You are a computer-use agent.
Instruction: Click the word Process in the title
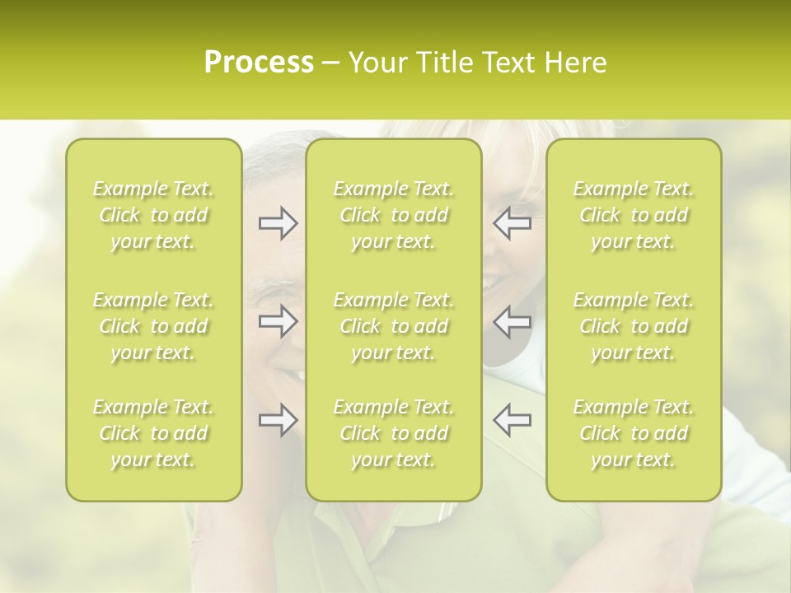pyautogui.click(x=259, y=63)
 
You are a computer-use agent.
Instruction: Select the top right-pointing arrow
pyautogui.click(x=278, y=223)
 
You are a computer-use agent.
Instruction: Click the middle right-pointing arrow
pyautogui.click(x=278, y=321)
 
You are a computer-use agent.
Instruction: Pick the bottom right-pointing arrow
pyautogui.click(x=278, y=420)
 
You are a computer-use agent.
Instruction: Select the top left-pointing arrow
pyautogui.click(x=512, y=223)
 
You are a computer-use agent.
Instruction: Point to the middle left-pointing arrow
pyautogui.click(x=512, y=321)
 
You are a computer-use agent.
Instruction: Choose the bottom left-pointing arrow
pyautogui.click(x=512, y=420)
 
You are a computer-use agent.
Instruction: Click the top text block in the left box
pyautogui.click(x=153, y=215)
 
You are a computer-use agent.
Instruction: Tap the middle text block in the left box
pyautogui.click(x=153, y=326)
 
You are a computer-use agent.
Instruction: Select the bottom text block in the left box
pyautogui.click(x=153, y=433)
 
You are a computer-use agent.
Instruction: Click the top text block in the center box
pyautogui.click(x=394, y=215)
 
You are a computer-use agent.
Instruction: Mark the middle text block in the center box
pyautogui.click(x=394, y=326)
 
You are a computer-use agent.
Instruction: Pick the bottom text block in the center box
pyautogui.click(x=394, y=433)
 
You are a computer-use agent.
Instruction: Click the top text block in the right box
pyautogui.click(x=634, y=215)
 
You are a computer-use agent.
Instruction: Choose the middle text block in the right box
pyautogui.click(x=634, y=326)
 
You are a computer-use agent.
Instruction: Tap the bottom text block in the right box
pyautogui.click(x=634, y=433)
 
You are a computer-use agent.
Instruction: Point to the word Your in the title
pyautogui.click(x=375, y=63)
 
